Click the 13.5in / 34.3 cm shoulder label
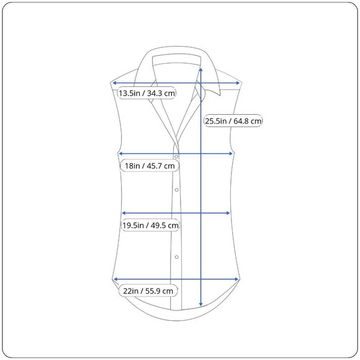tap(146, 93)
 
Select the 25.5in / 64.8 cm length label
tap(233, 121)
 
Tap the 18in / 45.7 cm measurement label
tap(150, 166)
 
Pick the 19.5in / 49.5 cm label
tap(150, 225)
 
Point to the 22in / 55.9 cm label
tap(148, 291)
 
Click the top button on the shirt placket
tap(176, 156)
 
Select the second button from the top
tap(176, 190)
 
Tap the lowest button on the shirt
tap(176, 257)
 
